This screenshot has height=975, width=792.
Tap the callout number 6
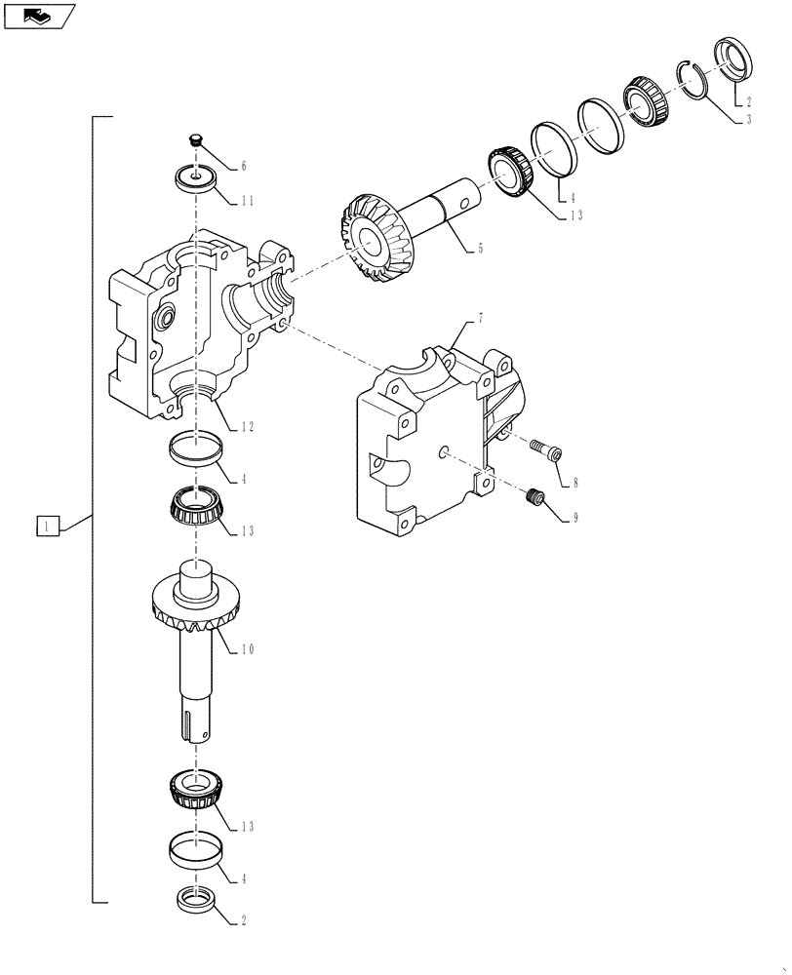click(x=244, y=167)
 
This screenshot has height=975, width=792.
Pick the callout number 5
click(x=479, y=249)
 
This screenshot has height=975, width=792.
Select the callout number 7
click(x=480, y=320)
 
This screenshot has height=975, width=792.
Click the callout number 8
click(x=575, y=482)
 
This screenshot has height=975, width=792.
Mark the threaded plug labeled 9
click(x=533, y=498)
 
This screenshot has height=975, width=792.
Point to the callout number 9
click(x=575, y=519)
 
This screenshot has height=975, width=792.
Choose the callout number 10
click(x=248, y=648)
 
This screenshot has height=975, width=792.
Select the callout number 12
click(x=248, y=426)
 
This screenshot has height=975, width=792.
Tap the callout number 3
click(x=748, y=119)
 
